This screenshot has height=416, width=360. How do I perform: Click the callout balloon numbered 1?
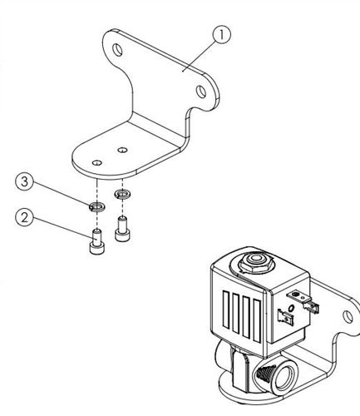pyautogui.click(x=221, y=35)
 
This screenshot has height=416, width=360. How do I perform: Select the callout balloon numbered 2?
pyautogui.click(x=24, y=218)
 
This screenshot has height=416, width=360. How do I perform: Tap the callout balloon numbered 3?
pyautogui.click(x=24, y=181)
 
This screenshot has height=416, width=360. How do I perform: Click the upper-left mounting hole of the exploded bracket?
pyautogui.click(x=117, y=50)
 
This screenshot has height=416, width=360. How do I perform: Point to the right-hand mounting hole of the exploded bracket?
pyautogui.click(x=200, y=92)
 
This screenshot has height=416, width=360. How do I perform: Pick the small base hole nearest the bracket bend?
pyautogui.click(x=122, y=150)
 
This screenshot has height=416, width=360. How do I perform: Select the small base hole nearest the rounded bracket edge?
pyautogui.click(x=96, y=162)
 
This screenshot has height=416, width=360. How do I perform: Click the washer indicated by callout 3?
pyautogui.click(x=96, y=206)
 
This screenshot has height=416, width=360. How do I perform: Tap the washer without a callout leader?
pyautogui.click(x=122, y=194)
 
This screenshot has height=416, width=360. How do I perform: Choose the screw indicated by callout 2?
pyautogui.click(x=97, y=240)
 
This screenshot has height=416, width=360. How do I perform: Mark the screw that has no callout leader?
pyautogui.click(x=122, y=229)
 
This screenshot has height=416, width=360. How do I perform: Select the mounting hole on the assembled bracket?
pyautogui.click(x=348, y=316)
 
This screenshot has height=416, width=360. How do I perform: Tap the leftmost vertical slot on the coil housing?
pyautogui.click(x=226, y=310)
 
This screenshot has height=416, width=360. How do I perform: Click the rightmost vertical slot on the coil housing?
pyautogui.click(x=257, y=320)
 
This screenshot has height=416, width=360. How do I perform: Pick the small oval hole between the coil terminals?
pyautogui.click(x=291, y=308)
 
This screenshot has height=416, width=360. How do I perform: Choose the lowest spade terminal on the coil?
pyautogui.click(x=284, y=316)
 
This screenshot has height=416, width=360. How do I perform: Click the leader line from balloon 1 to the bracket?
pyautogui.click(x=199, y=56)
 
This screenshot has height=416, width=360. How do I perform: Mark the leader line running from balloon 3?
pyautogui.click(x=61, y=194)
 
